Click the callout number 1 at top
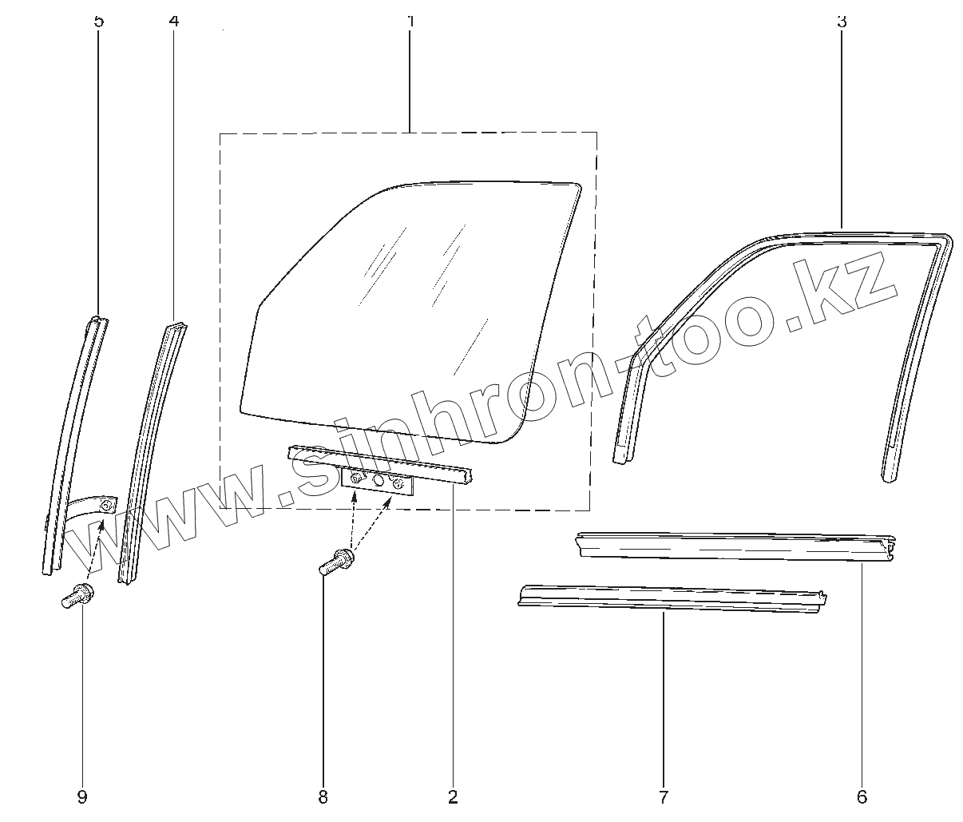coord(410,20)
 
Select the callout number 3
coord(841,21)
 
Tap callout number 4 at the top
coord(174,20)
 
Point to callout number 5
coord(99,20)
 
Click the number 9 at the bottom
coord(82,796)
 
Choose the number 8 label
coord(323,796)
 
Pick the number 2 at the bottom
coord(453,796)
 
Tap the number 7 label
coord(664,796)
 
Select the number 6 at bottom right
coord(862,796)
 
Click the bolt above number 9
coord(77,596)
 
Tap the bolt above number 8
coord(337,561)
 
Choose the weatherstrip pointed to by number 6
coord(735,546)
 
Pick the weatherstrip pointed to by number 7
coord(671,599)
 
